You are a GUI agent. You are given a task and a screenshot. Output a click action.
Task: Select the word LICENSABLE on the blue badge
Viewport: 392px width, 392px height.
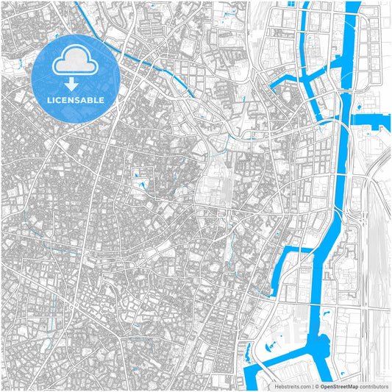pos(76,99)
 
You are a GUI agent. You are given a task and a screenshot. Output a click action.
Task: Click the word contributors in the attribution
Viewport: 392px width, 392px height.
pos(372,385)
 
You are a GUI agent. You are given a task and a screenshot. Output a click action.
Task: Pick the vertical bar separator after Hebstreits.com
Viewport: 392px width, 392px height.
pos(311,385)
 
